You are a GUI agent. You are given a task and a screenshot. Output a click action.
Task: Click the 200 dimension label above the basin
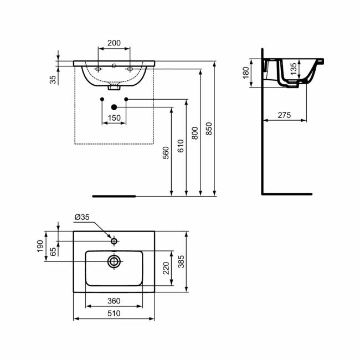(x=114, y=42)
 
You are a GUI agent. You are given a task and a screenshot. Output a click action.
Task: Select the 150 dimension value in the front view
(x=114, y=118)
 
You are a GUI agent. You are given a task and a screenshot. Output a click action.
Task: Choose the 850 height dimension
(x=209, y=128)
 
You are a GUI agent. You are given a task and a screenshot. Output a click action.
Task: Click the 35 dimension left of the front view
(x=53, y=79)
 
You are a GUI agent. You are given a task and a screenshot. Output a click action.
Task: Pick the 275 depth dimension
(x=284, y=115)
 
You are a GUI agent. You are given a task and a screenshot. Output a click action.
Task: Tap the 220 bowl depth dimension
(x=164, y=269)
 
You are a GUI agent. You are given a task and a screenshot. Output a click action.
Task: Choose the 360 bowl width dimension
(x=114, y=301)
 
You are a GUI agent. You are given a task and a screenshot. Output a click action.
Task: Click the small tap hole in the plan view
(x=114, y=241)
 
